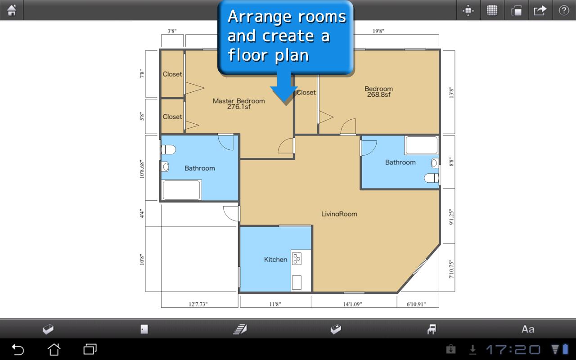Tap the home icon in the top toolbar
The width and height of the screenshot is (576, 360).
pyautogui.click(x=12, y=10)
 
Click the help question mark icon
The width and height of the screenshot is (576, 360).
pyautogui.click(x=564, y=10)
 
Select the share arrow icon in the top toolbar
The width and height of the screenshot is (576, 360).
pyautogui.click(x=540, y=10)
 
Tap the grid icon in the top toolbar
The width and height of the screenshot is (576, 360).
pyautogui.click(x=492, y=10)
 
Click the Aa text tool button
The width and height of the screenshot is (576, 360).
pyautogui.click(x=528, y=329)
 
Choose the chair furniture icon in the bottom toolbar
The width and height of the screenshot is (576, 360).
pyautogui.click(x=432, y=329)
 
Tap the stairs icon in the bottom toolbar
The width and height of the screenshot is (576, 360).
pyautogui.click(x=240, y=329)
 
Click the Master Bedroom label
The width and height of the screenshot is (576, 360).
pyautogui.click(x=238, y=101)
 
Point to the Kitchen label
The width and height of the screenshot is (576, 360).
pyautogui.click(x=275, y=260)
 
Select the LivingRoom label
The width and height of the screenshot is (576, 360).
pyautogui.click(x=339, y=214)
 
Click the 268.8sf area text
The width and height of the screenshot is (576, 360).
pyautogui.click(x=378, y=94)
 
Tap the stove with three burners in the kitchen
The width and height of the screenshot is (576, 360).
pyautogui.click(x=297, y=259)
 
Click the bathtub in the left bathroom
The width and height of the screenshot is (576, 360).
pyautogui.click(x=181, y=190)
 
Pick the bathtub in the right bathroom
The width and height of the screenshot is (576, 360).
pyautogui.click(x=422, y=145)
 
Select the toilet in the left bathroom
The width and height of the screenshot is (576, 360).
pyautogui.click(x=168, y=149)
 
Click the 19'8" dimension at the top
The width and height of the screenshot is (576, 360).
pyautogui.click(x=378, y=31)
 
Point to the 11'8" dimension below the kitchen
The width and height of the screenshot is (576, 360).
pyautogui.click(x=275, y=304)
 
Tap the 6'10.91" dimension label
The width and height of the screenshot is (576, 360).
pyautogui.click(x=416, y=304)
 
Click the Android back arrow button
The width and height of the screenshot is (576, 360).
pyautogui.click(x=18, y=350)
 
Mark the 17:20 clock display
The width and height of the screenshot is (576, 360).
pyautogui.click(x=513, y=350)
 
